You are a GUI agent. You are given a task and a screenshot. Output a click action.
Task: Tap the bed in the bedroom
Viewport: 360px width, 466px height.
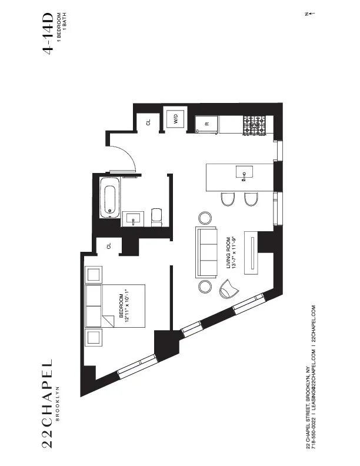click(115, 309)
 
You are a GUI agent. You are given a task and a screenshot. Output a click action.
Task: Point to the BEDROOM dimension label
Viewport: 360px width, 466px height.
click(125, 307)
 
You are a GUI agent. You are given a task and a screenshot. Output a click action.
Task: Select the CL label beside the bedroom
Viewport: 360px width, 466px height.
click(109, 247)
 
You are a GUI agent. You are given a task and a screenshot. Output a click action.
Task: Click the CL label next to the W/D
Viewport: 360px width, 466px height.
click(149, 122)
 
